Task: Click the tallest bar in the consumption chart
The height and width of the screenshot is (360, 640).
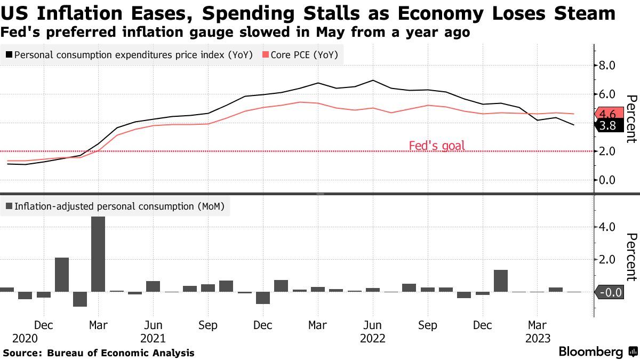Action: tap(98, 254)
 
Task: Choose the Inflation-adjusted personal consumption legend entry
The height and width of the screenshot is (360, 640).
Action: tap(115, 206)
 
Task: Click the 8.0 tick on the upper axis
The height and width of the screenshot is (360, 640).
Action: tap(608, 66)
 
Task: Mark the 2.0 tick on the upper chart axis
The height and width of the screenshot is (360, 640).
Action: tap(608, 151)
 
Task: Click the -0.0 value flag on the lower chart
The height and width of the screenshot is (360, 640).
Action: tap(609, 292)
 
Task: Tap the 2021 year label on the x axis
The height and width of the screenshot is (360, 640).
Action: tap(153, 338)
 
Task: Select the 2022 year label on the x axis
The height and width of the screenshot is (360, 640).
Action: tap(373, 338)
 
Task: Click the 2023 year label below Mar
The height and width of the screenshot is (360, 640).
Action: tap(538, 338)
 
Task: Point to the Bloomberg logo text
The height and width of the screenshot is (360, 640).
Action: tap(590, 352)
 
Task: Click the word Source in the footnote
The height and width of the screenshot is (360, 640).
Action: tap(22, 353)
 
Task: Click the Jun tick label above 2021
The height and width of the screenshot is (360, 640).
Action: tap(153, 325)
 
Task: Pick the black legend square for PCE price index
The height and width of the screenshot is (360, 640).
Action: tap(9, 54)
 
